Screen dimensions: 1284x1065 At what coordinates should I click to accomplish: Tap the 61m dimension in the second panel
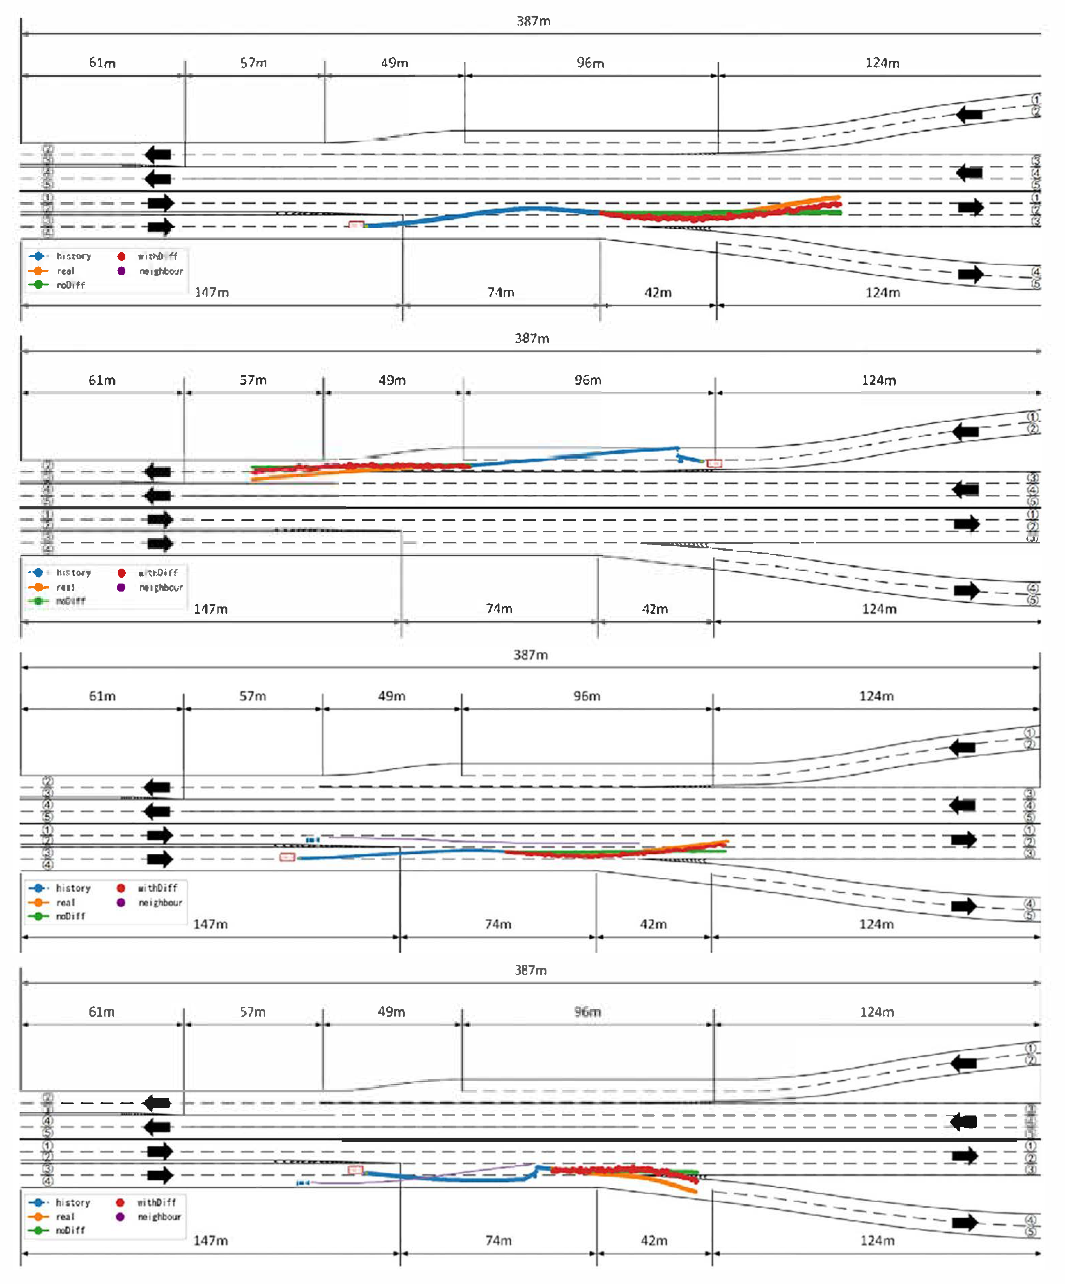(x=102, y=380)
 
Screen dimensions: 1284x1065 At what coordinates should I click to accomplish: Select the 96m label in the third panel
(x=587, y=696)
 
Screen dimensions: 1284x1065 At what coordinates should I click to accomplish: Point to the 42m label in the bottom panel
(x=654, y=1240)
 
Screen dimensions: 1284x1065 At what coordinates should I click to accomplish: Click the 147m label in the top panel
(x=212, y=292)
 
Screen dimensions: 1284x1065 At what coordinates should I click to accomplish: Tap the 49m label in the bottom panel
(x=391, y=1012)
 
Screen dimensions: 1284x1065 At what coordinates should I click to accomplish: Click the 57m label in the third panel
(x=253, y=696)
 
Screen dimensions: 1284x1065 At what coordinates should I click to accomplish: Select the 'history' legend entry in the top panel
(x=73, y=256)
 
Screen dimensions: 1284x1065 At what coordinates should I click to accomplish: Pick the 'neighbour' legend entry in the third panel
(x=160, y=903)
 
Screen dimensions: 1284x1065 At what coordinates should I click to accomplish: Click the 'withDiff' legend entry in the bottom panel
(x=157, y=1203)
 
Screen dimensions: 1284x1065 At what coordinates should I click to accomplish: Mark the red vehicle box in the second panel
(x=714, y=464)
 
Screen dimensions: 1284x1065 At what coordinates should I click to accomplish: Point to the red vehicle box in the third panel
(x=287, y=857)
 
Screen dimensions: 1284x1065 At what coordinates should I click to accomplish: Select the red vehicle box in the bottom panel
(x=355, y=1170)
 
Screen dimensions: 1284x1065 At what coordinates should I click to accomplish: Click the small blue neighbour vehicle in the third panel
(x=313, y=841)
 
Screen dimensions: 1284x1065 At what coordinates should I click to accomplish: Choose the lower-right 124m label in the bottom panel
(x=877, y=1240)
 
